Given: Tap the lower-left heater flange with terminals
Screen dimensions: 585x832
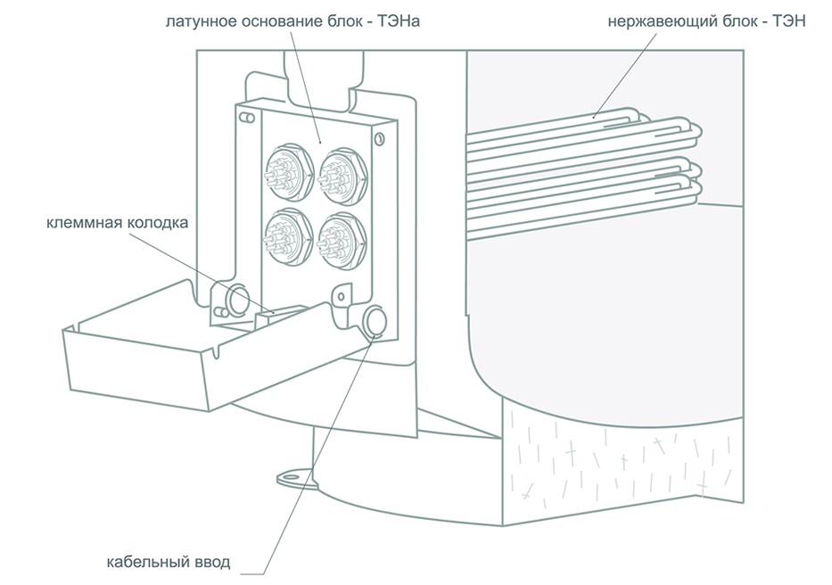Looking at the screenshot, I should point(284,235).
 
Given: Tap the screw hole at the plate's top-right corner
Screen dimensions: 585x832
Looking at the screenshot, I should point(381,139).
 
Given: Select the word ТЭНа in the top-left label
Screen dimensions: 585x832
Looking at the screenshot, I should point(400,20).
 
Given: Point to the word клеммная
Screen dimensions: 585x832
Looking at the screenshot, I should point(82,223).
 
